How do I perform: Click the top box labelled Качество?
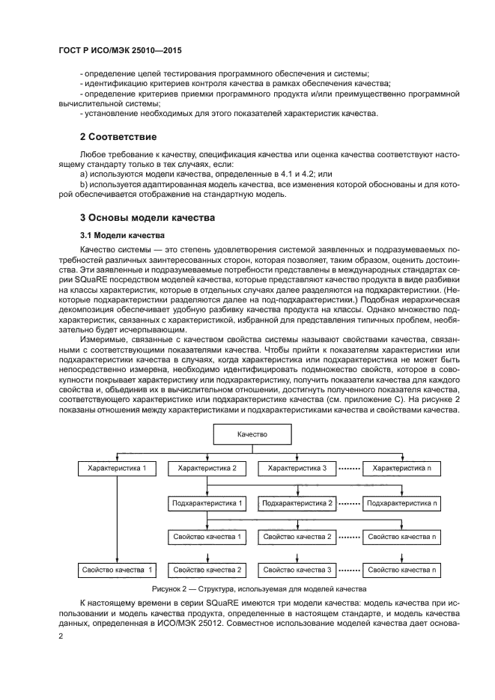click(x=252, y=434)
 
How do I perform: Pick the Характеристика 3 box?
click(x=297, y=468)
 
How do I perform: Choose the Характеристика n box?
click(x=402, y=468)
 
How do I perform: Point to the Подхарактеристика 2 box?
click(x=297, y=502)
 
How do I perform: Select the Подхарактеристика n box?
click(x=402, y=502)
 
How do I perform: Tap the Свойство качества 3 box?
click(x=297, y=570)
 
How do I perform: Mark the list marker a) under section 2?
click(x=84, y=174)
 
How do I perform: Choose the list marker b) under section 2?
click(x=84, y=184)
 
